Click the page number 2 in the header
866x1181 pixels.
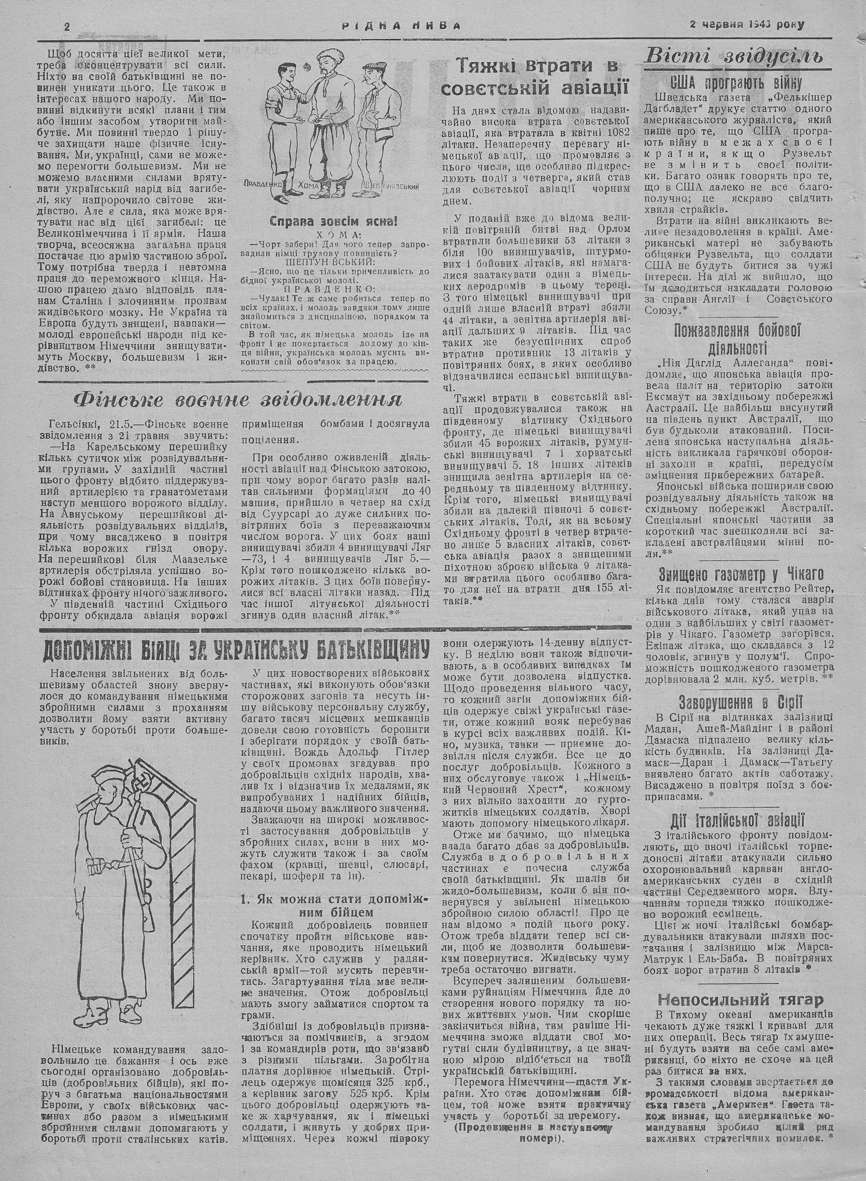(67, 26)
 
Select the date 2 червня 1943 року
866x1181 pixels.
(747, 25)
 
